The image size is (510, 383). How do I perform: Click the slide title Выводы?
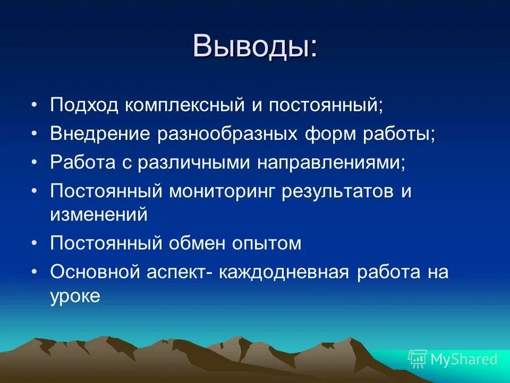256,46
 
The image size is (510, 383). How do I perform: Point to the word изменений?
98,215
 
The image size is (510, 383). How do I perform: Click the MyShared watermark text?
464,359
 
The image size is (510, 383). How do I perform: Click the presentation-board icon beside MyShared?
417,359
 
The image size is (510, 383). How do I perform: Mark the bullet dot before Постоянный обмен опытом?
35,244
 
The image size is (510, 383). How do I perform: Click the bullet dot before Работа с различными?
35,162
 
